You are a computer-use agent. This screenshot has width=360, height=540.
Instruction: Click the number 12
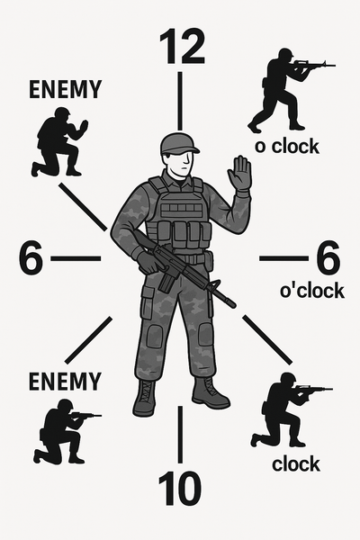pyautogui.click(x=182, y=47)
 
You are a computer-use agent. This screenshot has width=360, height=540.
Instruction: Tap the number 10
pyautogui.click(x=179, y=488)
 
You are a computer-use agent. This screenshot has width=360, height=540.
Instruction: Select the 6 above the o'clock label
pyautogui.click(x=328, y=257)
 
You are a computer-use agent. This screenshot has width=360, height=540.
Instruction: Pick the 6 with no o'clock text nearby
pyautogui.click(x=31, y=257)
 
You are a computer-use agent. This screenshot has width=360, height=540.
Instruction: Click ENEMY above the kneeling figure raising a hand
pyautogui.click(x=65, y=89)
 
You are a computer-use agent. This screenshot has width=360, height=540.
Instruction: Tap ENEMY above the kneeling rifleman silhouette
pyautogui.click(x=65, y=382)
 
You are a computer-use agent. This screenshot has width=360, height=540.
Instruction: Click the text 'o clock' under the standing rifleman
pyautogui.click(x=287, y=146)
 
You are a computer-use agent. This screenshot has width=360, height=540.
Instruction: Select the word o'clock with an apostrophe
pyautogui.click(x=312, y=291)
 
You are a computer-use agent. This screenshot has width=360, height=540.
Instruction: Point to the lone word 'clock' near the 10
pyautogui.click(x=296, y=463)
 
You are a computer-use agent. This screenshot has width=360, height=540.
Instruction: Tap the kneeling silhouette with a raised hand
pyautogui.click(x=59, y=142)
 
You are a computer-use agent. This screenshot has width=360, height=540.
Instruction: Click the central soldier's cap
pyautogui.click(x=179, y=143)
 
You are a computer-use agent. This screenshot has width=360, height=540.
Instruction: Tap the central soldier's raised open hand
pyautogui.click(x=239, y=173)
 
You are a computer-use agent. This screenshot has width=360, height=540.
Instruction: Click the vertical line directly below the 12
pyautogui.click(x=180, y=101)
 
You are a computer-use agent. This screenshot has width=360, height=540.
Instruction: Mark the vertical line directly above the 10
pyautogui.click(x=180, y=434)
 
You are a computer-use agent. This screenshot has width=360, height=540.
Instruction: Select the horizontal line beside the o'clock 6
pyautogui.click(x=283, y=258)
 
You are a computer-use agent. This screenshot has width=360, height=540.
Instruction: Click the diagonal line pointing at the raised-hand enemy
pyautogui.click(x=83, y=207)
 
